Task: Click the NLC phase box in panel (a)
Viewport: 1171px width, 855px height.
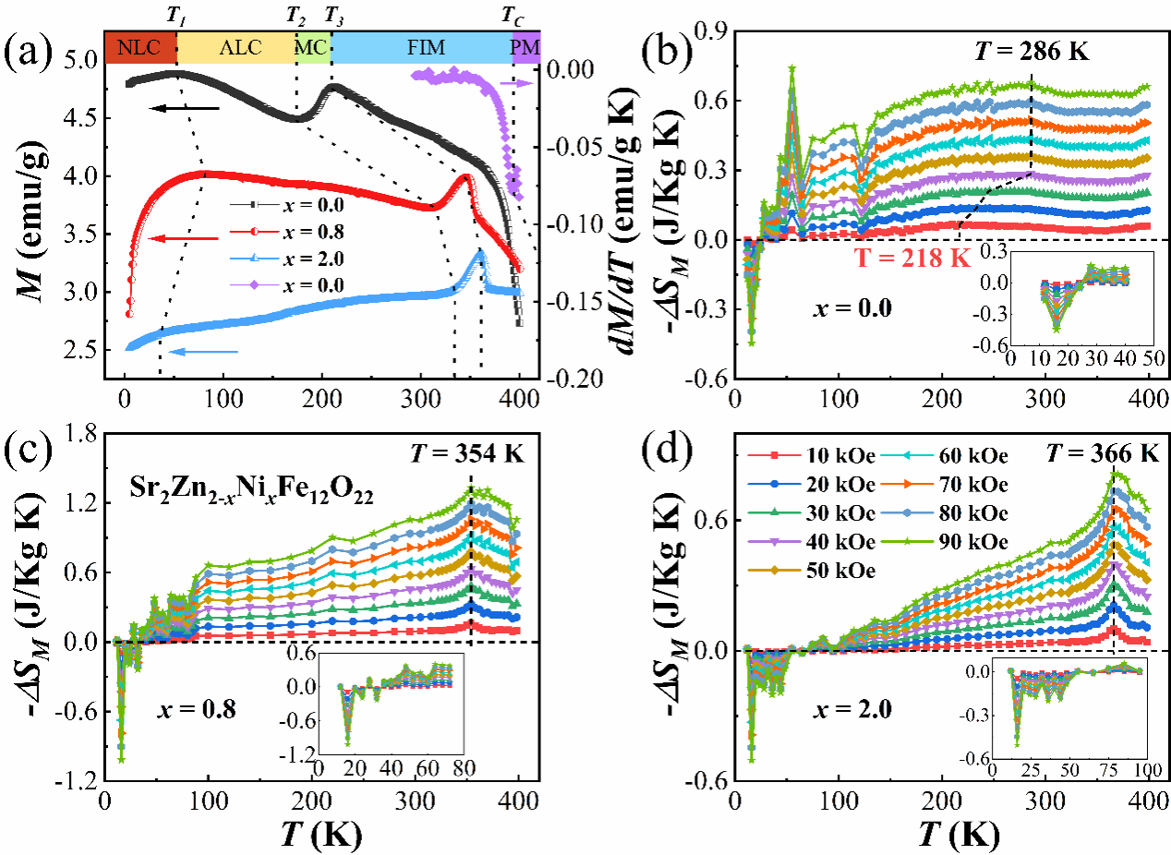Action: (x=139, y=47)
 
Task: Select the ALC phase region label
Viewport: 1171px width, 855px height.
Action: (x=235, y=47)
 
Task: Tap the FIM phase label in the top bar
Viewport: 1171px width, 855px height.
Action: (x=420, y=47)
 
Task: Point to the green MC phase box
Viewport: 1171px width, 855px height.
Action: (x=312, y=47)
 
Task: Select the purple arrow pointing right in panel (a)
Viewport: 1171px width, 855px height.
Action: (x=517, y=84)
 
